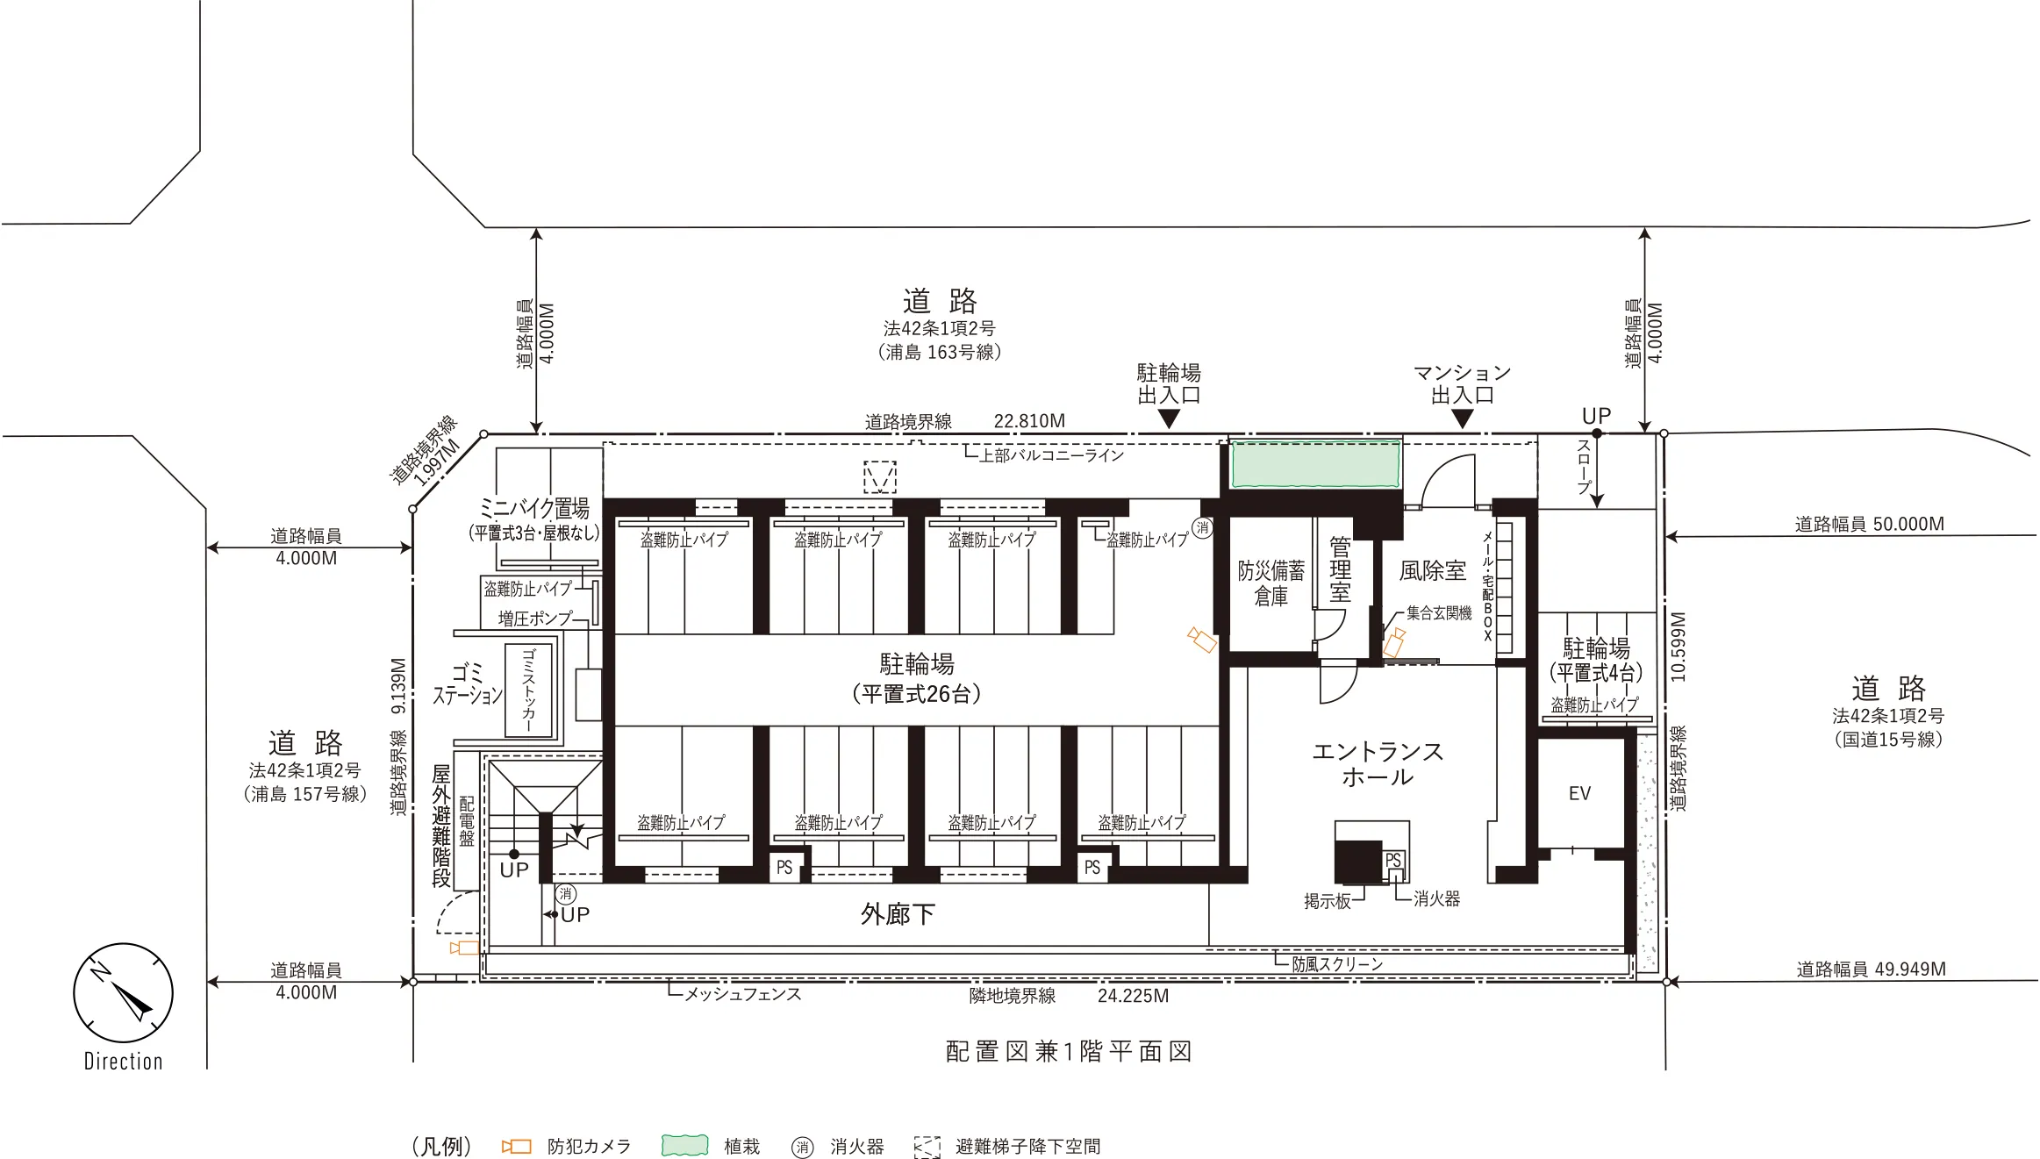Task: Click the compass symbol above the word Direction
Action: coord(123,993)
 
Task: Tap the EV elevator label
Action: coord(1579,794)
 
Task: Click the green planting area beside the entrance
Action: coord(1315,464)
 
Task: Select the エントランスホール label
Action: coord(1378,764)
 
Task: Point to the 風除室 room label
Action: coord(1432,571)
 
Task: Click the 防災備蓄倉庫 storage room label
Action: coord(1271,583)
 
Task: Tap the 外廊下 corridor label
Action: coord(898,914)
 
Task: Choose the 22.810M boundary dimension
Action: coord(1029,421)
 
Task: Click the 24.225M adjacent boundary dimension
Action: coord(1133,996)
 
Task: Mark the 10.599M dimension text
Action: coord(1678,647)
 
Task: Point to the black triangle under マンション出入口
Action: coord(1462,419)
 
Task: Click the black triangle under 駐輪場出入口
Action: coord(1169,419)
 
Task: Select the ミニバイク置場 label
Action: coord(534,508)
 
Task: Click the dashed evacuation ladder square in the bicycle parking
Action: coord(880,477)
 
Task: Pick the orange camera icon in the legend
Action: coord(516,1147)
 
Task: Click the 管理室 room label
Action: coord(1340,569)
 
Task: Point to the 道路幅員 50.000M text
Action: coord(1869,525)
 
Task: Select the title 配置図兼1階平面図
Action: coord(1069,1051)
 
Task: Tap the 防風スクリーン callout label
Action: coord(1337,964)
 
